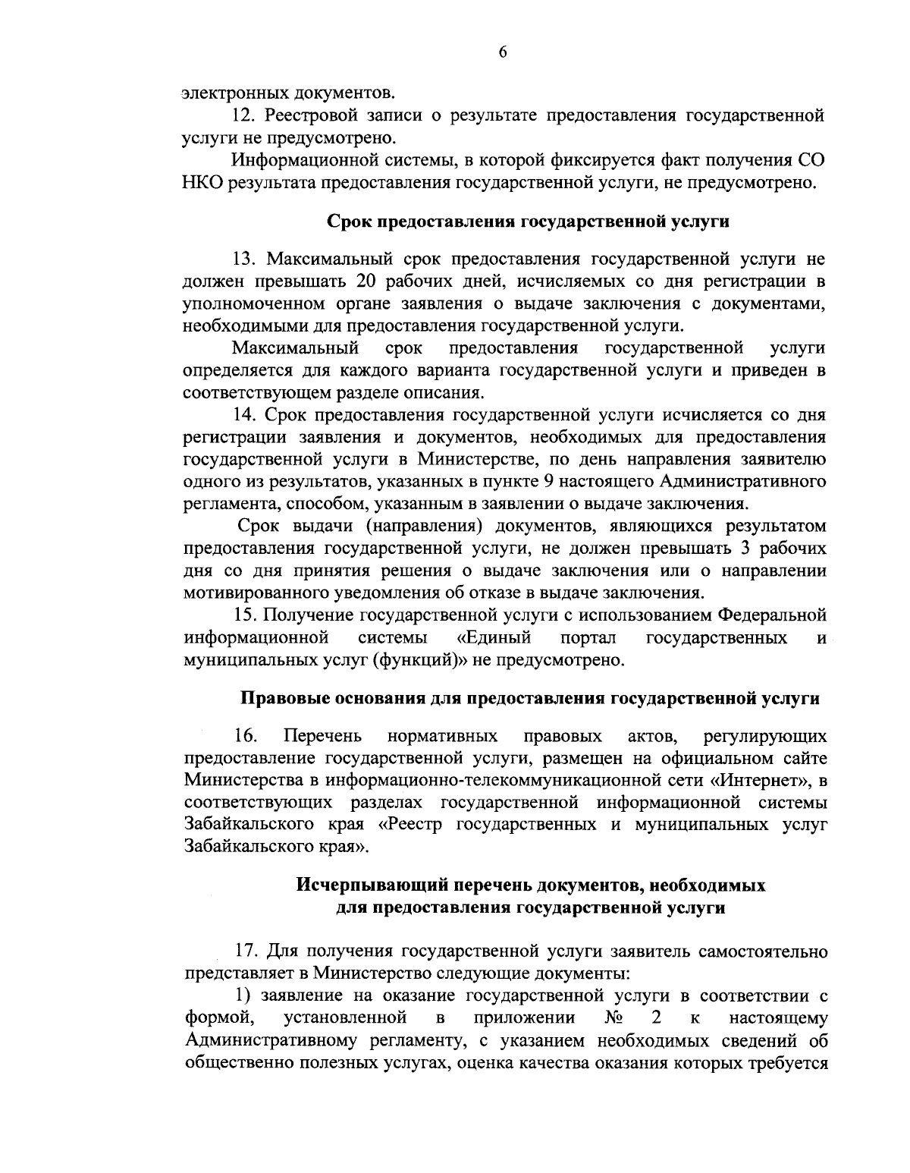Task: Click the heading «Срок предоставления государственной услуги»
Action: [527, 222]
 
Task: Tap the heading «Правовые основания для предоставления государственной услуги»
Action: [529, 699]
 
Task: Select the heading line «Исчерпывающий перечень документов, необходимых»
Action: [530, 885]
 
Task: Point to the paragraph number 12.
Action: [243, 117]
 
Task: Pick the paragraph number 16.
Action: [247, 736]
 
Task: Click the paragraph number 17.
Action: [246, 951]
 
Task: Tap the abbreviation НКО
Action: [202, 183]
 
